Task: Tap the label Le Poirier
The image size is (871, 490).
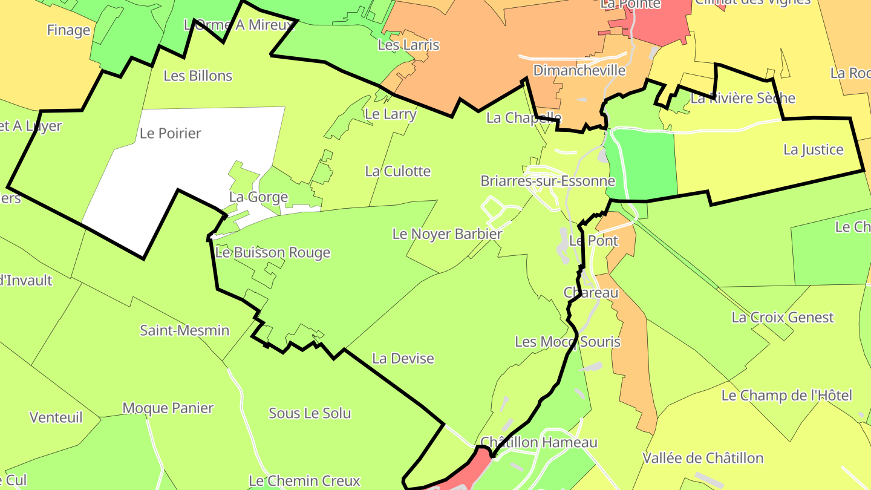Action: [x=170, y=133]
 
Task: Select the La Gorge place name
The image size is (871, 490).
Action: [x=258, y=197]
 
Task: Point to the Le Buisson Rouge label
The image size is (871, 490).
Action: [x=273, y=252]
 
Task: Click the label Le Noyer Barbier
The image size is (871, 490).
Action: [x=447, y=234]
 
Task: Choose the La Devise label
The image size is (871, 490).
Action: [x=403, y=358]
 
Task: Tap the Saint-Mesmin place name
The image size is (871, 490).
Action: [x=184, y=330]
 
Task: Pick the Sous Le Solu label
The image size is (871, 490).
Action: [x=310, y=413]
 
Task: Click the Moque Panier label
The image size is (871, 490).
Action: [x=168, y=408]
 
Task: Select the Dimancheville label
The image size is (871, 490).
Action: [x=579, y=70]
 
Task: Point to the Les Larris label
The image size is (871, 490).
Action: [x=408, y=45]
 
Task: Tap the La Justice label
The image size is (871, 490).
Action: [x=813, y=149]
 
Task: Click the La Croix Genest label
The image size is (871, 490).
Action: [x=782, y=317]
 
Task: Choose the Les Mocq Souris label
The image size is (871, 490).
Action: [x=567, y=342]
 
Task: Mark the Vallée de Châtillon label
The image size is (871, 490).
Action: [x=703, y=458]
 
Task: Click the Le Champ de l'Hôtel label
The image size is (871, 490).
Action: [x=786, y=396]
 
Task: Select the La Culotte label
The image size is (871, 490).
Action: [x=398, y=171]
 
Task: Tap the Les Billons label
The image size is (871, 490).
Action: [x=198, y=76]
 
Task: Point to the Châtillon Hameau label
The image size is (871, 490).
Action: [x=538, y=442]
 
